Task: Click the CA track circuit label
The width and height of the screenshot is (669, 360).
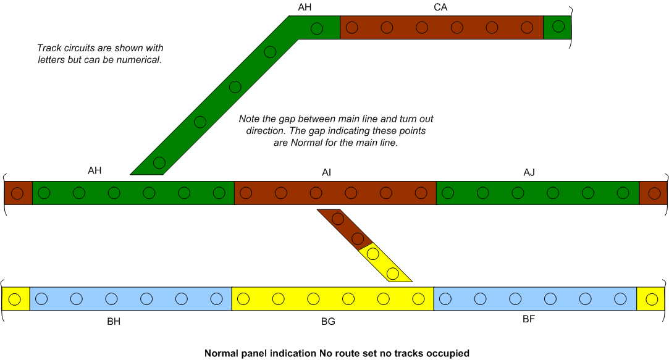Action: pos(440,7)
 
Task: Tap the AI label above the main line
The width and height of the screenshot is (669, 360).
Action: pos(326,172)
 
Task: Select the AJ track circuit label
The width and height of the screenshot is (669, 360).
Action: pos(529,172)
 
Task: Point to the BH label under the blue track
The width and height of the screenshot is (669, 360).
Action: pos(114,321)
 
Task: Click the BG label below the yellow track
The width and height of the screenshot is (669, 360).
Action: pos(328,321)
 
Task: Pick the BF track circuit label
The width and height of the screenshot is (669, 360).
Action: pos(529,319)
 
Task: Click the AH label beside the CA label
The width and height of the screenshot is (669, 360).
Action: pos(305,7)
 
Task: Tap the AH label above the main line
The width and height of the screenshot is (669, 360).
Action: pos(95,170)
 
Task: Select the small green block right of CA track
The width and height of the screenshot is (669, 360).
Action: pos(557,27)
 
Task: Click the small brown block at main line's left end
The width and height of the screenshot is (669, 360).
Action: pos(19,193)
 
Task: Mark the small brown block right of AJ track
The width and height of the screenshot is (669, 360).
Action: pos(653,193)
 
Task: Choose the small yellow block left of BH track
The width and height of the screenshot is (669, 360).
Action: pos(16,299)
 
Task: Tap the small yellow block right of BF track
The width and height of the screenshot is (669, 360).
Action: pos(650,299)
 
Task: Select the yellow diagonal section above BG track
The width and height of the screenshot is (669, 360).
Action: pos(384,264)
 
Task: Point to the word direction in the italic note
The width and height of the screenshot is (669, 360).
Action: pos(264,130)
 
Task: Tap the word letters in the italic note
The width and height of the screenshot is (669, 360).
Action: pos(51,60)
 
